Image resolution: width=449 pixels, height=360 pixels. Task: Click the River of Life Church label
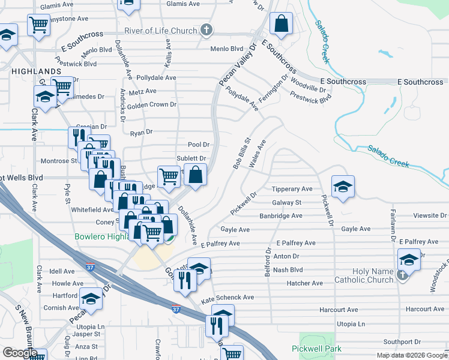160,31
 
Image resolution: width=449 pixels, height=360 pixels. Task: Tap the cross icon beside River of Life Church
206,30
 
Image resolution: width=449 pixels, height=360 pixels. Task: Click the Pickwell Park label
316,348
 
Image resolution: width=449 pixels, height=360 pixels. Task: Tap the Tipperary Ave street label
292,189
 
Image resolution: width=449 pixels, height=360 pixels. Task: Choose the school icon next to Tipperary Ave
343,187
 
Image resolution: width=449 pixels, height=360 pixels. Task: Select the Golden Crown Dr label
151,104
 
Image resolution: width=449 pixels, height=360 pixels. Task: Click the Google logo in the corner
20,353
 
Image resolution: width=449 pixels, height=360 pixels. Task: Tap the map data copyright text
412,355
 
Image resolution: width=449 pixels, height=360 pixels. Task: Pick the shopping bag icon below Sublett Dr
196,175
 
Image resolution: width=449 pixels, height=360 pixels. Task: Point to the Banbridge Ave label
280,215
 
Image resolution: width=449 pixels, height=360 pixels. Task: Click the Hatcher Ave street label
304,283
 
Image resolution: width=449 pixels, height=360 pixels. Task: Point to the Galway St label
286,203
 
